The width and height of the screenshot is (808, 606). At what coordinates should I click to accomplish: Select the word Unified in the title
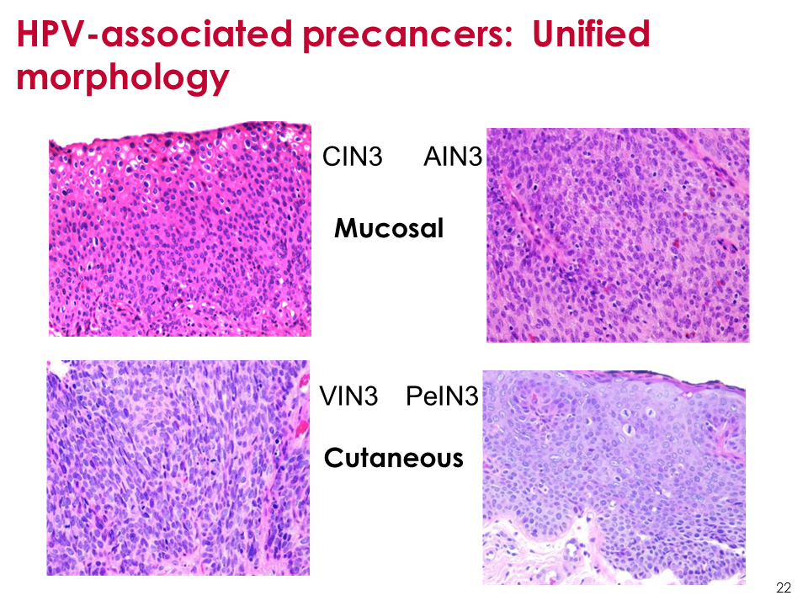coord(591,34)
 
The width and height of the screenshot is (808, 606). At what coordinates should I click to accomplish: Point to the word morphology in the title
coord(123,78)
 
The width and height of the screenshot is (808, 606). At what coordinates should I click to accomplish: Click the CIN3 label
coord(353,157)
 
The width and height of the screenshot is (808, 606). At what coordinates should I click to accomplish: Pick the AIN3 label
coord(453,157)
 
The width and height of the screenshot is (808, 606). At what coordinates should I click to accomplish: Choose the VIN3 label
coord(348,396)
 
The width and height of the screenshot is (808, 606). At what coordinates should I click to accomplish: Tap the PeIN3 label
coord(442,396)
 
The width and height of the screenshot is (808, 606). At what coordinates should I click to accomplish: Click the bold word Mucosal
coord(389,228)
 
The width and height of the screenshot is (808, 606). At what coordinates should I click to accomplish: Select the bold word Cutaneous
coord(394,458)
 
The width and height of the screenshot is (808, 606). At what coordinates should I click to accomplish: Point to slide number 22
coord(784,587)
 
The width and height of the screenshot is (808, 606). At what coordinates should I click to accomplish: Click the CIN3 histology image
coord(180,229)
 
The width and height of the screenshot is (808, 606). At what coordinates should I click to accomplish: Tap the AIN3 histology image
coord(618,235)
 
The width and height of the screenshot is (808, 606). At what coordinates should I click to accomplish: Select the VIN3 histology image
coord(178,468)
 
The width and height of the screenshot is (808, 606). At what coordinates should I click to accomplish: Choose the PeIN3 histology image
coord(614,477)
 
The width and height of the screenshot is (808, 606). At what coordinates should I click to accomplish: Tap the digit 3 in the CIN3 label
coord(375,157)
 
